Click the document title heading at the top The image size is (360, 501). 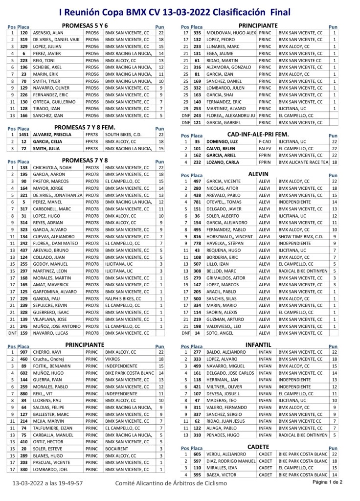[180, 12]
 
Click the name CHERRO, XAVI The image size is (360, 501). [47, 366]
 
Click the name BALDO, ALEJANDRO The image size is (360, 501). [226, 352]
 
